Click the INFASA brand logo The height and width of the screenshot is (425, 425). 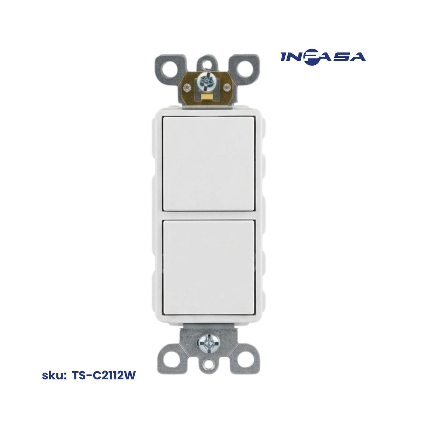tap(323, 57)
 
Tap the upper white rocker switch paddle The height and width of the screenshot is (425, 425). tap(209, 164)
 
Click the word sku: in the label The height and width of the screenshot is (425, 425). tap(54, 375)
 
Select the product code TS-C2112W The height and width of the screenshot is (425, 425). tap(104, 375)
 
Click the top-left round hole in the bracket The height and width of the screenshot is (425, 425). tap(170, 69)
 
